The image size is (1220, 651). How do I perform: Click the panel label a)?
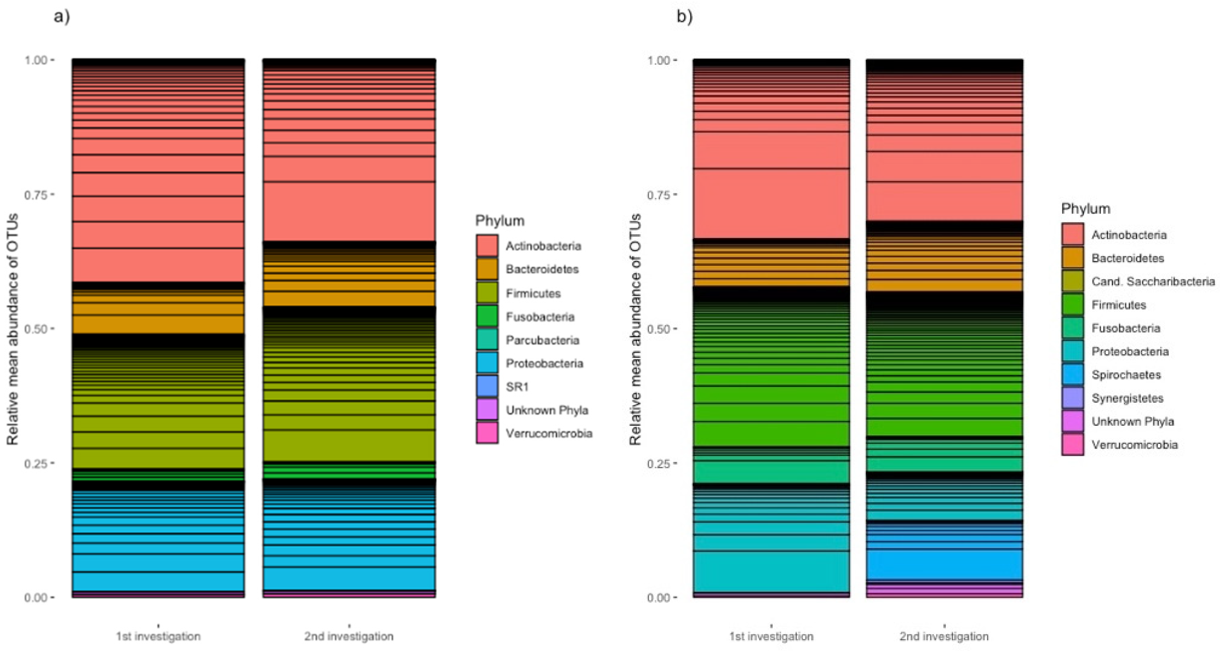(x=61, y=16)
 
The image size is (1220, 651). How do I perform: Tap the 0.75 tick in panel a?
(x=36, y=195)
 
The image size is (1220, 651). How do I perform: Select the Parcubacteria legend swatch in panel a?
(x=487, y=340)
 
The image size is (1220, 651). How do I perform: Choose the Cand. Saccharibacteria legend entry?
(x=1153, y=282)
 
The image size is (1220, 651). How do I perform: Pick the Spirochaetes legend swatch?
(x=1073, y=374)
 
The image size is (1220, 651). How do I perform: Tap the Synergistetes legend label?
(x=1127, y=398)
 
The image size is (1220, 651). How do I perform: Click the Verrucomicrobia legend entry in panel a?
(x=549, y=433)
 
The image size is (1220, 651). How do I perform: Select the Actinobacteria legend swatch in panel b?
(x=1073, y=235)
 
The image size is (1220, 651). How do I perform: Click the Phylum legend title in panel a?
(x=500, y=221)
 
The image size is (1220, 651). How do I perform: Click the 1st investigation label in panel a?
(x=158, y=636)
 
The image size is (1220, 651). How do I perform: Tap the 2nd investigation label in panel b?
(x=944, y=636)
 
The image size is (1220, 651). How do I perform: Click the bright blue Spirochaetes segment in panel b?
(x=944, y=564)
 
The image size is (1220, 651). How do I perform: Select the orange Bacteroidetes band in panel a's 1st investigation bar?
(x=158, y=324)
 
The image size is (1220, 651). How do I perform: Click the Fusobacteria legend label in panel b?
(x=1126, y=328)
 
